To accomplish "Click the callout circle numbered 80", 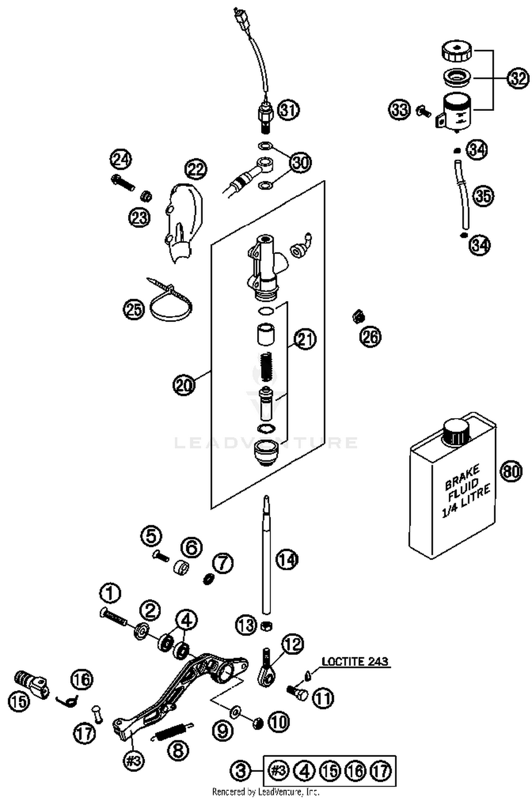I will coord(511,471).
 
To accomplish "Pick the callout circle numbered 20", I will coord(184,384).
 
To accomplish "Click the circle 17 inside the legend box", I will coord(381,771).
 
